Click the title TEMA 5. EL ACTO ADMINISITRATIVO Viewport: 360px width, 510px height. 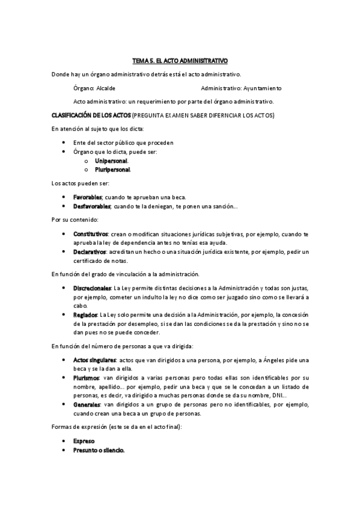(x=180, y=61)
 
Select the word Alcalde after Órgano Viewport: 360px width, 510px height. (x=106, y=87)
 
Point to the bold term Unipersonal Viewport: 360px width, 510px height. (x=111, y=161)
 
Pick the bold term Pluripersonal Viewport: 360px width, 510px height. (x=112, y=170)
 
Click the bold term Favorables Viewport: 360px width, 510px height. (x=88, y=197)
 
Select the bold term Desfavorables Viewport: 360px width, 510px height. (x=92, y=206)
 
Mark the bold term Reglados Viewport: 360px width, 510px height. (x=85, y=315)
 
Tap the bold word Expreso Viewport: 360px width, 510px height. (x=84, y=441)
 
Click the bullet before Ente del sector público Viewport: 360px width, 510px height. (x=64, y=143)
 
